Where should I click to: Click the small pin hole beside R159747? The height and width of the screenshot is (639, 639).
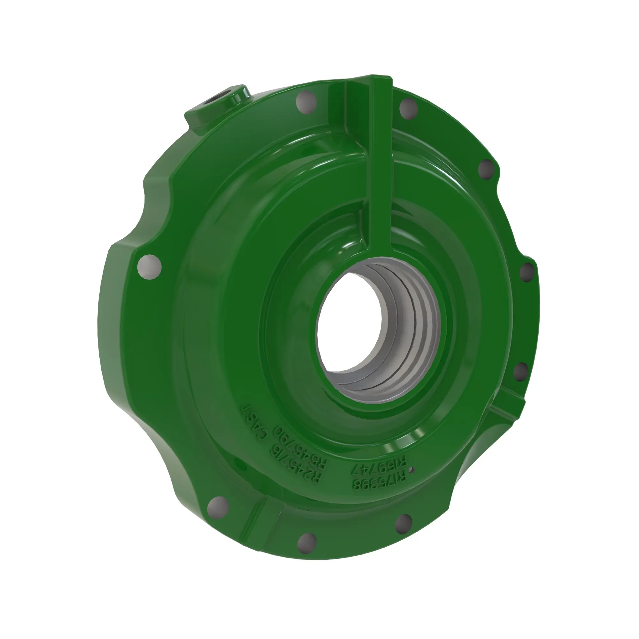point(411,469)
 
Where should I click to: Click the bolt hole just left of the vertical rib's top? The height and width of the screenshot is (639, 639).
point(306,103)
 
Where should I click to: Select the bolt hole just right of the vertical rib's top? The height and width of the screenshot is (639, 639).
point(408,109)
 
